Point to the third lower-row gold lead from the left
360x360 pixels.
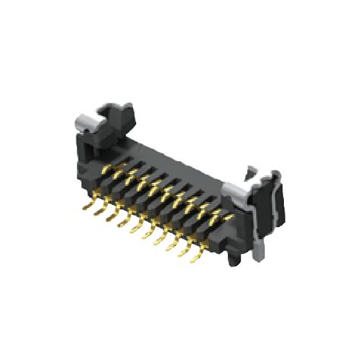tap(112, 218)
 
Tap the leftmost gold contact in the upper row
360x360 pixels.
tap(107, 169)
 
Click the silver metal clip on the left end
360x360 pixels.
tap(85, 121)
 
